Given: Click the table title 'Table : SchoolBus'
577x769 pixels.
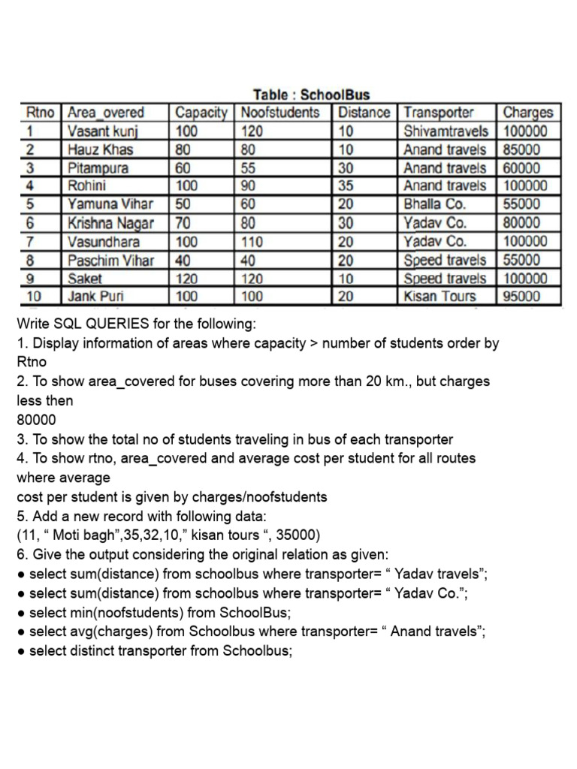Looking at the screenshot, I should (x=311, y=95).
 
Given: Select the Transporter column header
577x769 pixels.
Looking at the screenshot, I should (x=438, y=113).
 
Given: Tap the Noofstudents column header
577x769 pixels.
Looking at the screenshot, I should (x=279, y=113).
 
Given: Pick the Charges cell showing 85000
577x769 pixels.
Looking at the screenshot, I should (x=521, y=149).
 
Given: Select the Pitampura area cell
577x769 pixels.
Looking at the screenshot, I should (x=98, y=167).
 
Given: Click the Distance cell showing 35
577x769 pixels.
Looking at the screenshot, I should (x=346, y=185).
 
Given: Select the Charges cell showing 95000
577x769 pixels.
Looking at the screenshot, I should (x=521, y=296).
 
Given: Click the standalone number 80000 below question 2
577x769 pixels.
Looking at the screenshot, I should (x=36, y=420).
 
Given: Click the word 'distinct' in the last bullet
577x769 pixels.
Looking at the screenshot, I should (x=95, y=651).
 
